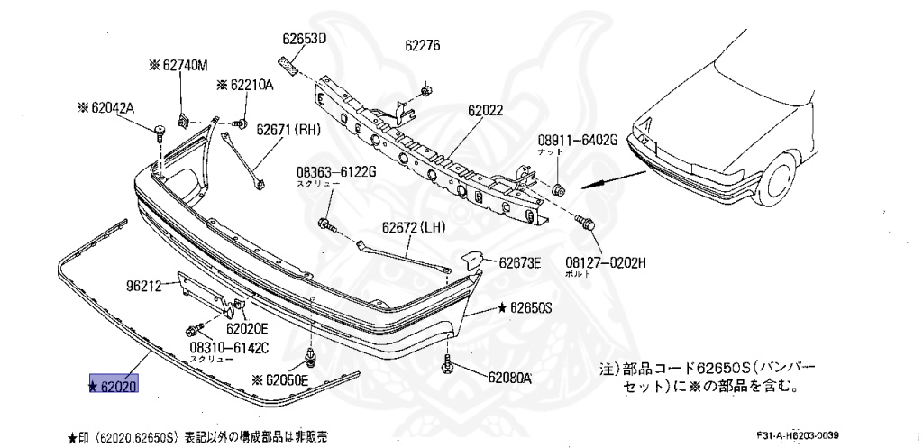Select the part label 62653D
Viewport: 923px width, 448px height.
point(304,39)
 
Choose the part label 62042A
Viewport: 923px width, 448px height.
point(111,108)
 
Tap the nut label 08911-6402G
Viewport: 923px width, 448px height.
point(578,140)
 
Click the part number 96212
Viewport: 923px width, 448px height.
point(143,287)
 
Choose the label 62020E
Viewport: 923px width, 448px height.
point(220,330)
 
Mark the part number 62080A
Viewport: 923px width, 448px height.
point(509,379)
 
